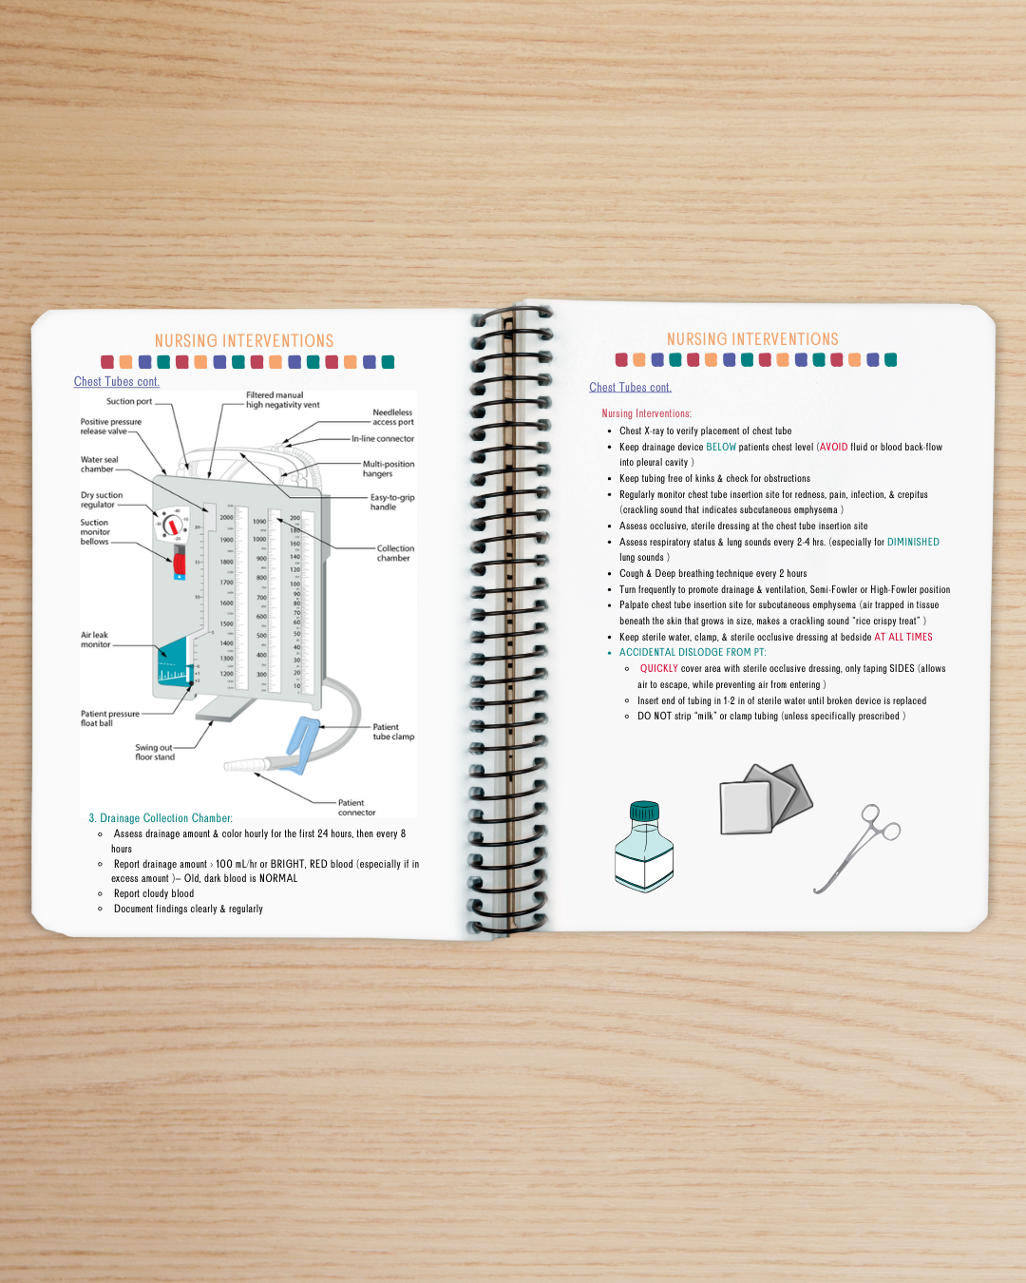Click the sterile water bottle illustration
pos(644,848)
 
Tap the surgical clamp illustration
pos(855,849)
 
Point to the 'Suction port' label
pos(128,402)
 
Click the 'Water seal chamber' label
pos(99,464)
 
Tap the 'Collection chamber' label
pos(394,553)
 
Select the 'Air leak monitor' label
pos(94,640)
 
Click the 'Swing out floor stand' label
pos(154,752)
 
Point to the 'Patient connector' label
pos(356,807)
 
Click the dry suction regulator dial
pos(172,525)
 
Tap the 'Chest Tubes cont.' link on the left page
pos(117,382)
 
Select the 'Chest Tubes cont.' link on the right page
pos(630,388)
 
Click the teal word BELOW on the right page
pos(720,447)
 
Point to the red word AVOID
pos(833,447)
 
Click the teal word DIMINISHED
pos(912,542)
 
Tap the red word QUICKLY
pos(658,668)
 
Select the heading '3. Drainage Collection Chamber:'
pos(161,818)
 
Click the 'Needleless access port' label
pos(392,417)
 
